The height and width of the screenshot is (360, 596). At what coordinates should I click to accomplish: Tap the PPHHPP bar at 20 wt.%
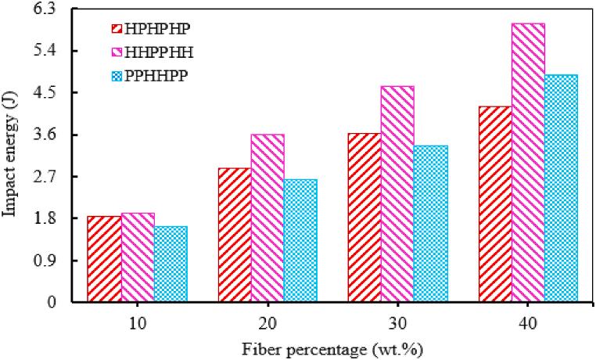coord(300,240)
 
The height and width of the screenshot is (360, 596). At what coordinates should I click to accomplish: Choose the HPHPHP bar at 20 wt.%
coord(235,235)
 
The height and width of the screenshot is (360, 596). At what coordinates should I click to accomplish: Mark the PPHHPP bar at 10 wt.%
coord(171,264)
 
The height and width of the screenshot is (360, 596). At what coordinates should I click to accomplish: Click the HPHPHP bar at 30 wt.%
coord(364,218)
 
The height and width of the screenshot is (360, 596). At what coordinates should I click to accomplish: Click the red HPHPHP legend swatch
coord(116,29)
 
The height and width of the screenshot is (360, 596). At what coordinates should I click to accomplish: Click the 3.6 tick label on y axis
coord(56,135)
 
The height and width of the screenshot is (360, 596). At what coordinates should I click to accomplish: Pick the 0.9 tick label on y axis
coord(56,260)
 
